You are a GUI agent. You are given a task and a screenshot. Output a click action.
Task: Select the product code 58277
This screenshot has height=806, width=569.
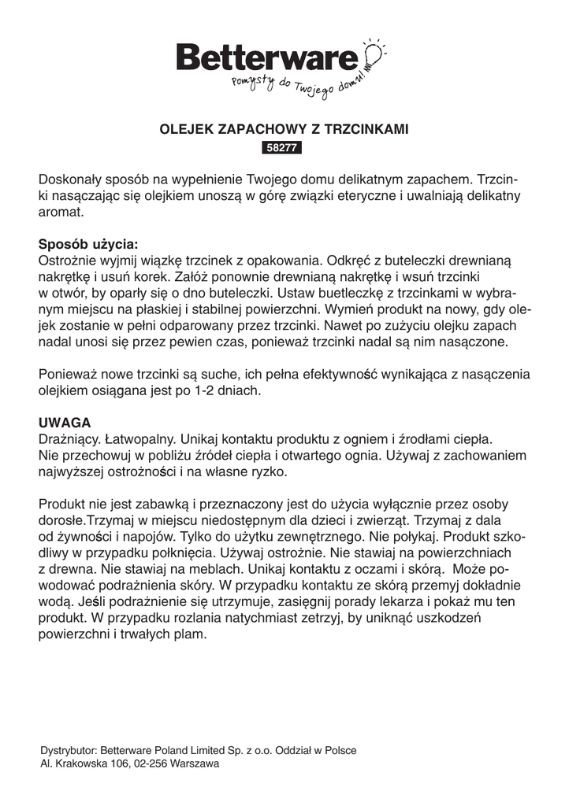click(x=284, y=146)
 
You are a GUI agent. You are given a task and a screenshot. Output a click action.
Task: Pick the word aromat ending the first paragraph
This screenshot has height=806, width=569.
click(x=60, y=212)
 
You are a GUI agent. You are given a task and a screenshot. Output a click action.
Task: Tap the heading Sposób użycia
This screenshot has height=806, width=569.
click(x=87, y=244)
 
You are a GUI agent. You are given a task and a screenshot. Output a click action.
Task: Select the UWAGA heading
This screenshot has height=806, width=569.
click(x=65, y=421)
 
